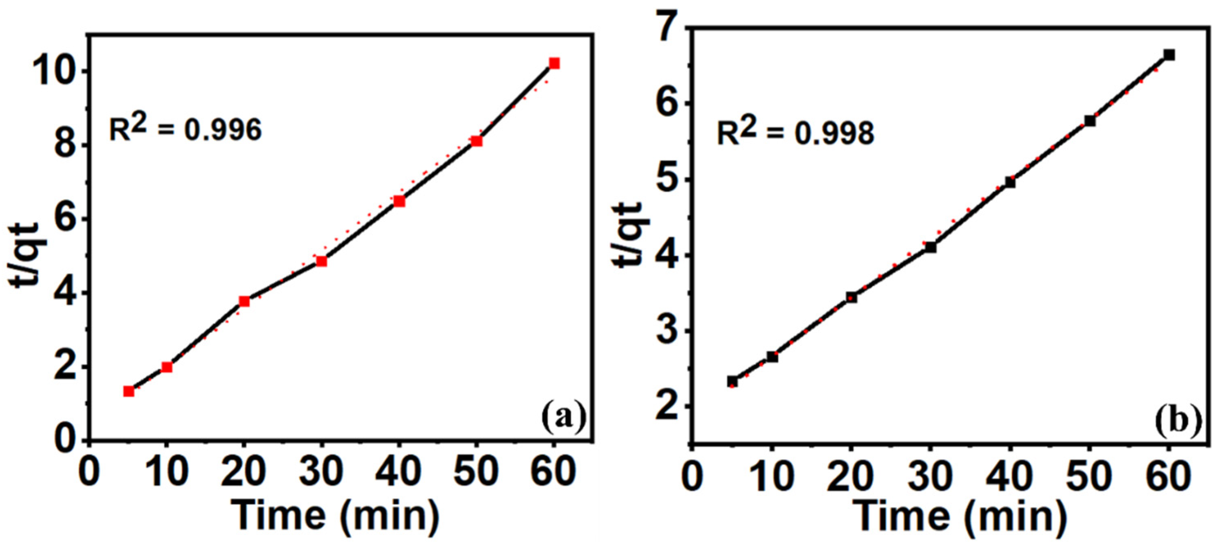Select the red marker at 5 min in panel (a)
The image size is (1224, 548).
coord(129,391)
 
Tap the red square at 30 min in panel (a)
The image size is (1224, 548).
coord(322,261)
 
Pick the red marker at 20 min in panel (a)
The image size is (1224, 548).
coord(244,301)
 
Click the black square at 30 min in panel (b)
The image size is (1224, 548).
coord(931,247)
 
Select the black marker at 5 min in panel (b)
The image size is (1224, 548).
coord(732,381)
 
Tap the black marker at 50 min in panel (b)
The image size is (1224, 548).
coord(1090,121)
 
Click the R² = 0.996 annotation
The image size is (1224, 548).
coord(185,129)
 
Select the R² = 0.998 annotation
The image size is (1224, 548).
coord(795,133)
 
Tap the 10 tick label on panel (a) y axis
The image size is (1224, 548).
coord(53,72)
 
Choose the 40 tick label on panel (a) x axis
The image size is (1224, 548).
coord(398,471)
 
